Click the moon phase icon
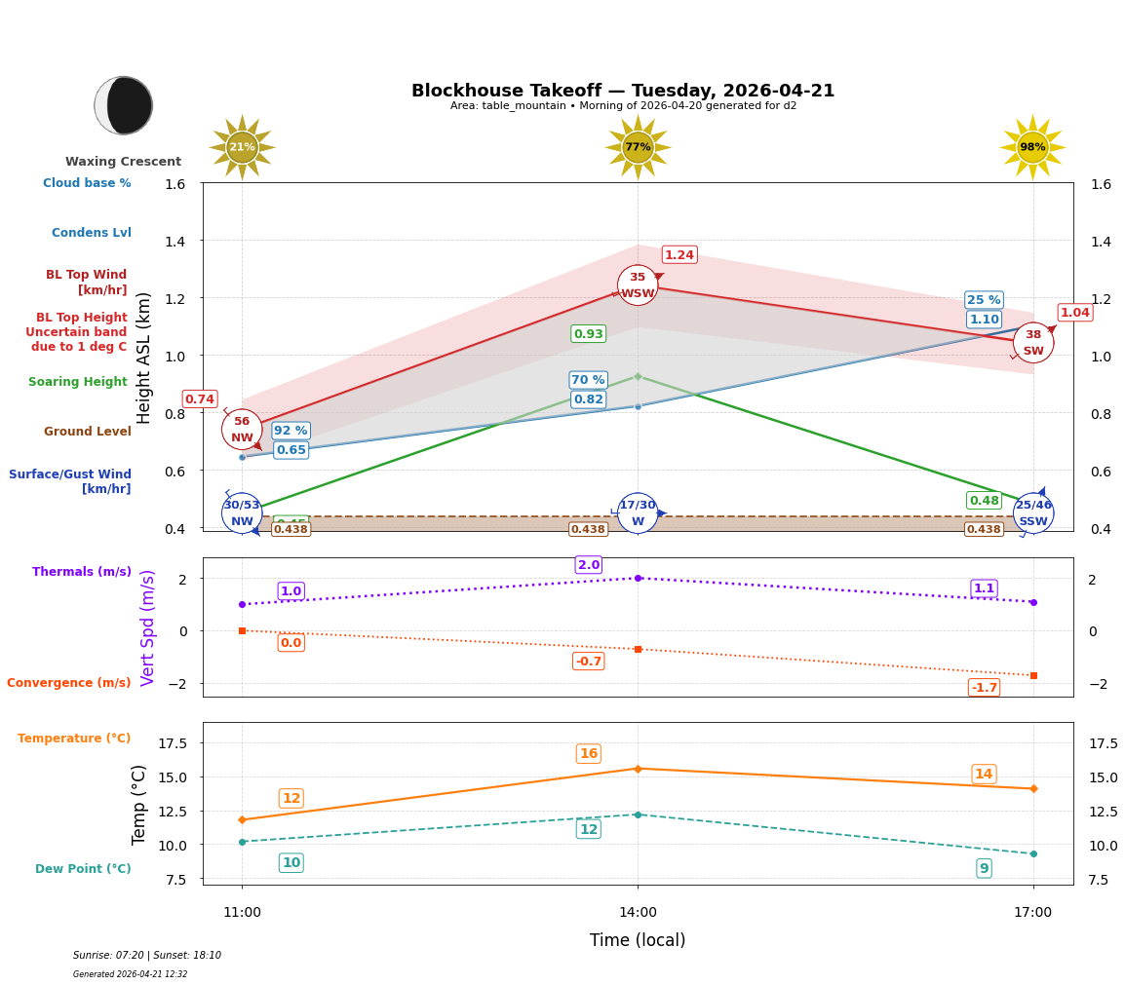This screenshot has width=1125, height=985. pos(124,105)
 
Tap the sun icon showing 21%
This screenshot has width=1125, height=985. pos(242,147)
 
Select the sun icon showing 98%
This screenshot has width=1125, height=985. pos(1032,147)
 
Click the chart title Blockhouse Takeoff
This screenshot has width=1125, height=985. pos(622,91)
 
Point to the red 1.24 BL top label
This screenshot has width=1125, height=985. pos(679,255)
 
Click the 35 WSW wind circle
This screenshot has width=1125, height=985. pos(638,285)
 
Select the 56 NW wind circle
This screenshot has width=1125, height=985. pos(242,430)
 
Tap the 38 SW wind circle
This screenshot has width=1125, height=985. pos(1032,343)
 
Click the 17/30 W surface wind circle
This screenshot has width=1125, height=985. pos(638,513)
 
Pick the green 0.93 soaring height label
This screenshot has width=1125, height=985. pos(588,334)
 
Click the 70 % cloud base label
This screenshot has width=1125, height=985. pos(588,380)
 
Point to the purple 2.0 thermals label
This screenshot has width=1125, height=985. pos(589,565)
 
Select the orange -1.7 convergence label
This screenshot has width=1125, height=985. pos(984,688)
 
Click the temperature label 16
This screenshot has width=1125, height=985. pos(589,754)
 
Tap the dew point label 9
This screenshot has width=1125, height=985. pos(984,869)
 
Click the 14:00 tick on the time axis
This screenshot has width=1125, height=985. pos(638,913)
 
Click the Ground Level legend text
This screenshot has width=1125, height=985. pos(88,432)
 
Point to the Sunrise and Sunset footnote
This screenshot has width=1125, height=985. pos(147,956)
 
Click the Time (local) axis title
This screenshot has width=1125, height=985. pos(638,941)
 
